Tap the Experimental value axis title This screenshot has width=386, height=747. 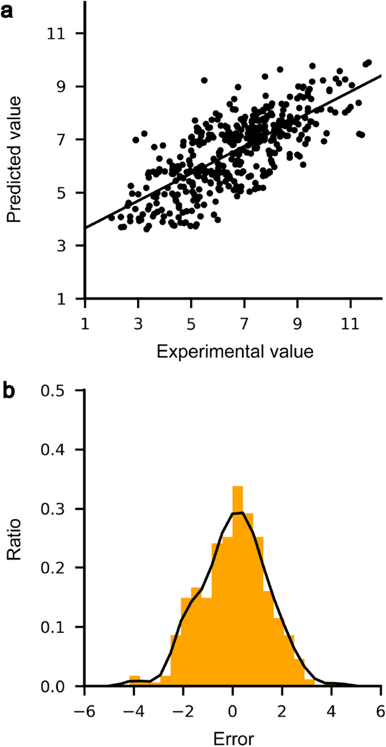click(235, 352)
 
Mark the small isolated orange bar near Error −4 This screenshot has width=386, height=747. click(135, 682)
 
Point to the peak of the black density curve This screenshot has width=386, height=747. click(238, 513)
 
